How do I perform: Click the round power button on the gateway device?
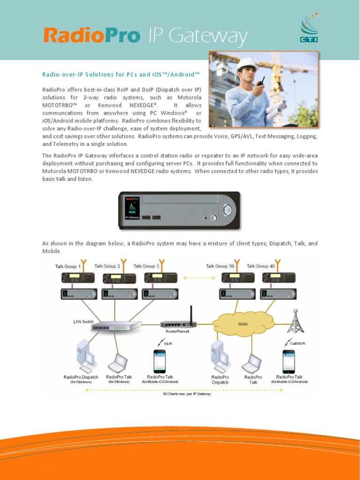[x=227, y=210]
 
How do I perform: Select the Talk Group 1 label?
[x=68, y=266]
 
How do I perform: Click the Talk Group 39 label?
[x=220, y=266]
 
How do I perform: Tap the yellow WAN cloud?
[x=243, y=323]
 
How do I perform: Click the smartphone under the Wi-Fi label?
[x=159, y=361]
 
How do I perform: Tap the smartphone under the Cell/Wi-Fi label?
[x=288, y=361]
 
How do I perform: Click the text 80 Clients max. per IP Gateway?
[x=187, y=394]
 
